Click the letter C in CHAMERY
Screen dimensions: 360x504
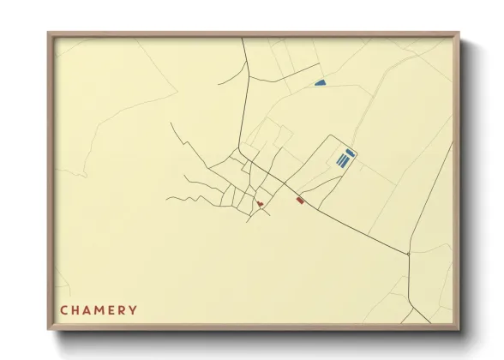click(x=64, y=309)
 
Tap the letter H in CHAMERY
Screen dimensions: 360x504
click(x=76, y=309)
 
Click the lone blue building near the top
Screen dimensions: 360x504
click(x=321, y=83)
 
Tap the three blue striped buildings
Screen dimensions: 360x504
click(x=343, y=160)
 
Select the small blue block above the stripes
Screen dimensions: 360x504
click(x=350, y=152)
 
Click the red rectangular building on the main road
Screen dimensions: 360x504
click(x=300, y=200)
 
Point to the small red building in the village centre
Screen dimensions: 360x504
click(x=259, y=204)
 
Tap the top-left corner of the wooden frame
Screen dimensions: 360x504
click(x=49, y=33)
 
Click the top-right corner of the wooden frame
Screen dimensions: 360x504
click(x=460, y=33)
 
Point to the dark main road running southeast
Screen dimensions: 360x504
click(x=351, y=225)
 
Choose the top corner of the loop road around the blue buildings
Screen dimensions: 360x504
click(x=329, y=135)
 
